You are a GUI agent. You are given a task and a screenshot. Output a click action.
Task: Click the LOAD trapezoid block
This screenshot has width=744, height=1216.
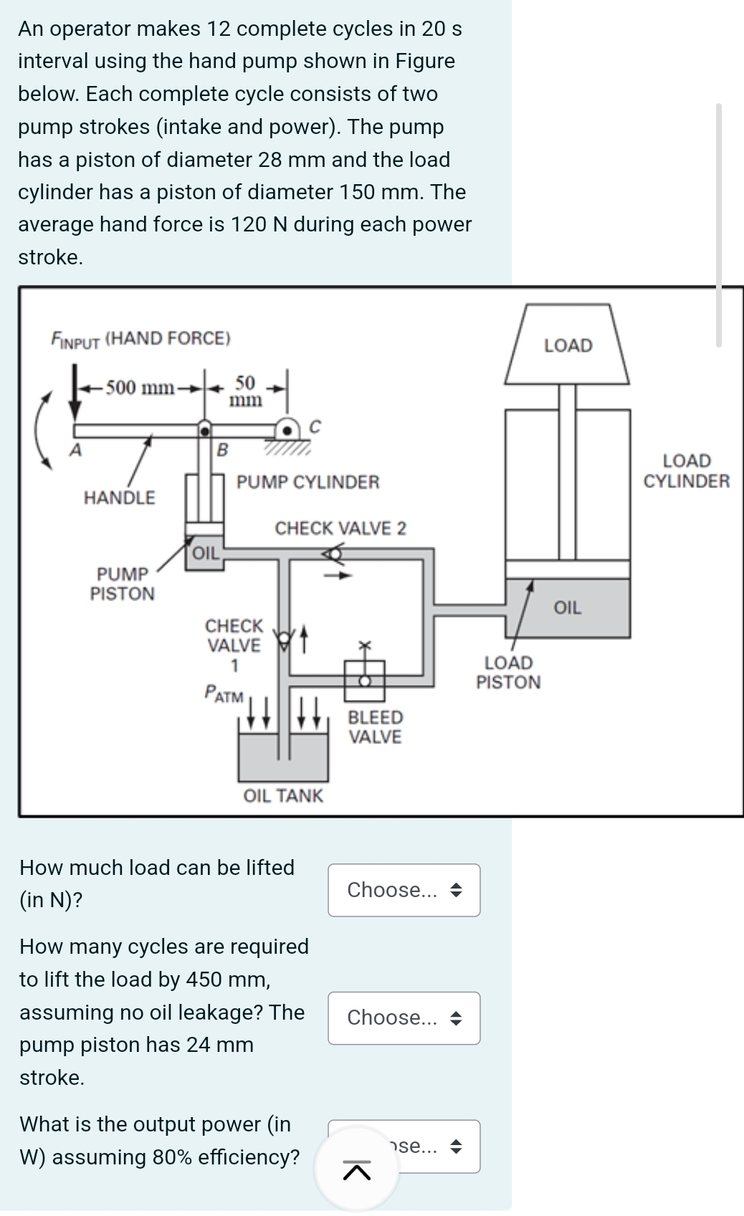tap(568, 345)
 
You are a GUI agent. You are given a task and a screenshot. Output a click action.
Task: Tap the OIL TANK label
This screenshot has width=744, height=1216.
tap(283, 795)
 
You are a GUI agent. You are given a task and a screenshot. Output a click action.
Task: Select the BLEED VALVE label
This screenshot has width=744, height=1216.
tap(376, 727)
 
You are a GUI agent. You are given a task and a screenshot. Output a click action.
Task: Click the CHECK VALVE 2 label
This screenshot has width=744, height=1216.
tap(340, 528)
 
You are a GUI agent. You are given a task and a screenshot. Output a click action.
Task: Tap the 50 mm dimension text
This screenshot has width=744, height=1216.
tap(246, 391)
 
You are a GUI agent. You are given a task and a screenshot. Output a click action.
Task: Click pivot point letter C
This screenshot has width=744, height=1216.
tap(314, 426)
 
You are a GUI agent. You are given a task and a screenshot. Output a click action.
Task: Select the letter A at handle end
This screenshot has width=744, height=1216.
tap(74, 450)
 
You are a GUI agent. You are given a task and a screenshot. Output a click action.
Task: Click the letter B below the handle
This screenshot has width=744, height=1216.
tap(222, 450)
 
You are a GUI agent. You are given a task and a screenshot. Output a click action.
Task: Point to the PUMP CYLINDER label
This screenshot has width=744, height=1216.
tap(308, 482)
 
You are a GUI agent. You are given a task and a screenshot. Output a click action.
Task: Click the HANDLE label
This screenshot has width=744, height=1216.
tap(119, 497)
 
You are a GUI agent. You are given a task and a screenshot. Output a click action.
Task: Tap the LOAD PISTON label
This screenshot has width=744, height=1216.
tap(508, 672)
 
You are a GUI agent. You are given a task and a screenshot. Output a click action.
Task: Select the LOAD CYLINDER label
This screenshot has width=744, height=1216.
tap(686, 471)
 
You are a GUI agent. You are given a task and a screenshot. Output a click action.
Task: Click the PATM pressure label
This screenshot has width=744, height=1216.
tap(224, 694)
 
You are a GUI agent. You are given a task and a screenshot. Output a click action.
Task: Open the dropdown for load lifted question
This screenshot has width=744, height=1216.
tap(404, 890)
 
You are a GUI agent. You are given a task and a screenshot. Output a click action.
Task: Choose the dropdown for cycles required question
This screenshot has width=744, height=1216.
tap(404, 1018)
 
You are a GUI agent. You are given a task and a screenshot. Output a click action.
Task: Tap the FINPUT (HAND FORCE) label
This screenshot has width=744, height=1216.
tap(140, 338)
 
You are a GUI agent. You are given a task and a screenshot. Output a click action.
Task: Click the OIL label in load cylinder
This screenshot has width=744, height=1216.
tap(567, 608)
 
